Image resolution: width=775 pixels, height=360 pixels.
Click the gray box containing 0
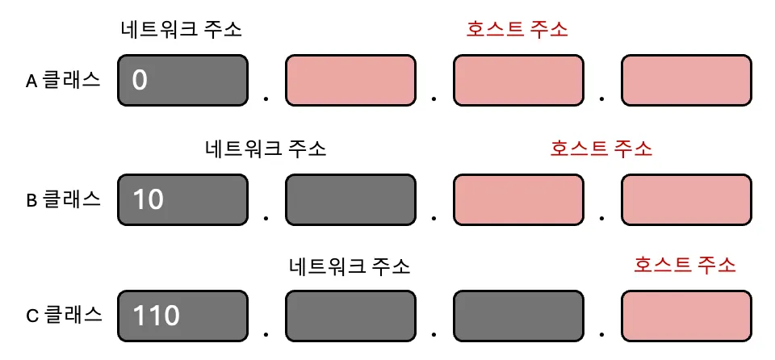182,81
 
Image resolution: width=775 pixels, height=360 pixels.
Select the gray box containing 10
182,199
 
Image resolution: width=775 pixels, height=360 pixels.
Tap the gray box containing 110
182,316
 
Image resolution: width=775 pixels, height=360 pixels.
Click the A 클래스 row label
63,80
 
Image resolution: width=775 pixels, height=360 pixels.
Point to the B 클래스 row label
64,199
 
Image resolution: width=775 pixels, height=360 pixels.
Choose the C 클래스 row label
65,316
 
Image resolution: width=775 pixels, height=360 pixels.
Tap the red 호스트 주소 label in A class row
517,30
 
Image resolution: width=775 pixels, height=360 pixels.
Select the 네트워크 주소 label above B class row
266,149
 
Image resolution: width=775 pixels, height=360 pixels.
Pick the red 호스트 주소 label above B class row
601,149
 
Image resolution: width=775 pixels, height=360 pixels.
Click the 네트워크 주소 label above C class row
350,266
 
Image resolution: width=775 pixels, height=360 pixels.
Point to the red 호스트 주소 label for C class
685,265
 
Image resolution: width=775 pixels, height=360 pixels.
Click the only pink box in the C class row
686,316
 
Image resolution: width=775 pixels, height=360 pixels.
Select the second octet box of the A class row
350,81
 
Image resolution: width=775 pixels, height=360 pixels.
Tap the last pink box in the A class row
686,81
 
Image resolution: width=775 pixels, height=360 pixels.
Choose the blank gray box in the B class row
350,199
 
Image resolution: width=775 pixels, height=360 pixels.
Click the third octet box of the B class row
518,199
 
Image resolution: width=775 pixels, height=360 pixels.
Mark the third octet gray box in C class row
518,316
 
